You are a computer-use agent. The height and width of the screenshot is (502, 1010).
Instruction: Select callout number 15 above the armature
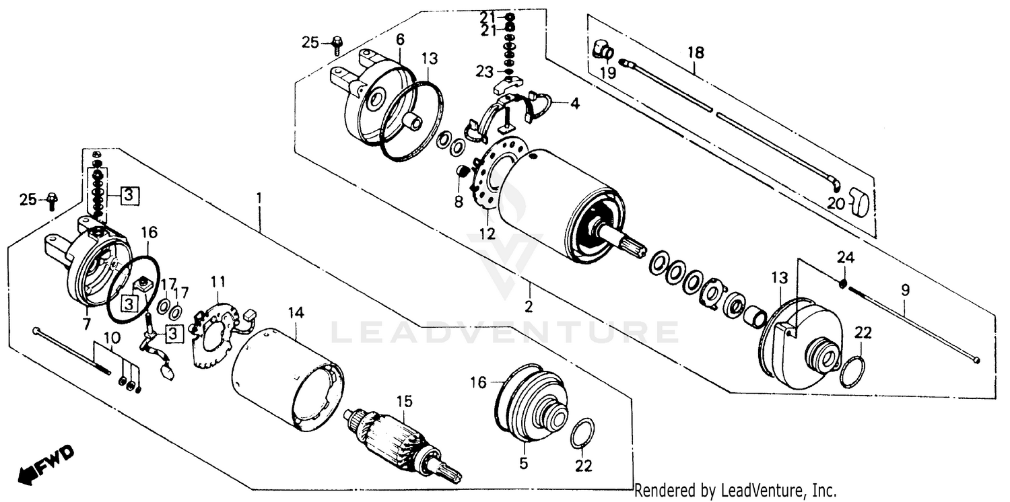403,402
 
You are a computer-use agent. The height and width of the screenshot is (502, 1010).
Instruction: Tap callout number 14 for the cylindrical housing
296,312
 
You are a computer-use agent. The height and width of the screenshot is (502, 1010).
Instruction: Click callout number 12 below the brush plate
487,234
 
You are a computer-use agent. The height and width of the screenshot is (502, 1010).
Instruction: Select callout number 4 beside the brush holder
574,104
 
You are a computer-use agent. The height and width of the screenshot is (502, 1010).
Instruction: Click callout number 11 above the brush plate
218,281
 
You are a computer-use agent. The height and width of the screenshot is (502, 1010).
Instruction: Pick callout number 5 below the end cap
523,463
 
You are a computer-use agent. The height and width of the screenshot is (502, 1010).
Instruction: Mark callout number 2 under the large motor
529,307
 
